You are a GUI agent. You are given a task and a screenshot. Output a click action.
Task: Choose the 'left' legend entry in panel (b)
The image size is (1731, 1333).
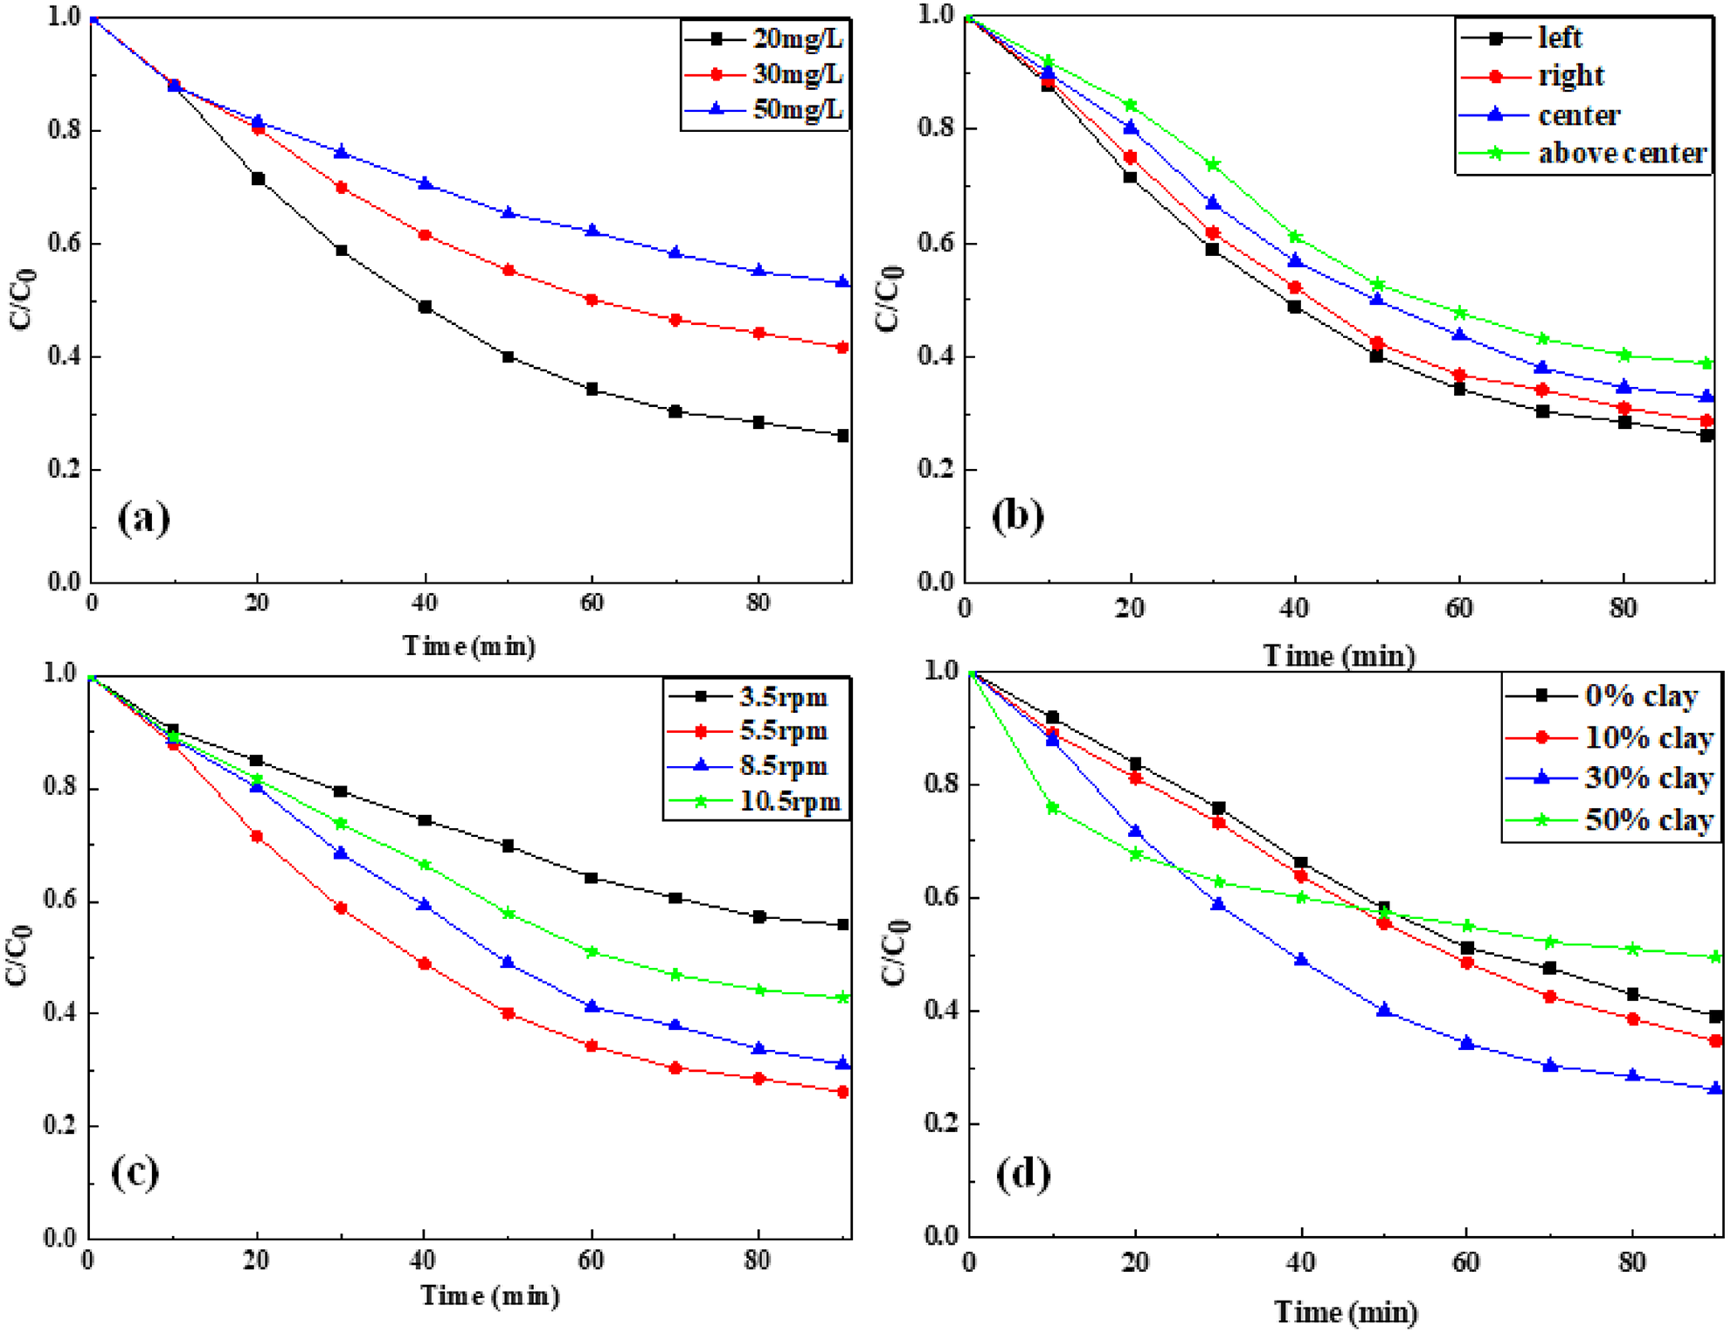[x=1560, y=38]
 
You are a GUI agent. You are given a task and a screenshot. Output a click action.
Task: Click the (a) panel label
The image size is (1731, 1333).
[x=143, y=518]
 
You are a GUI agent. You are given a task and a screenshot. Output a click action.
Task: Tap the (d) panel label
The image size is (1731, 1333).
[x=1023, y=1173]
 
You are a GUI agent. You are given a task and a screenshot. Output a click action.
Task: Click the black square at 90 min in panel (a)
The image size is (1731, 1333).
[x=842, y=435]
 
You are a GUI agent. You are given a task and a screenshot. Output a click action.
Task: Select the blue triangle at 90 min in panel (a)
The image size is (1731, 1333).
[x=842, y=282]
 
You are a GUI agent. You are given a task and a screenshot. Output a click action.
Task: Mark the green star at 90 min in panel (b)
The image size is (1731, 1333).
[x=1707, y=363]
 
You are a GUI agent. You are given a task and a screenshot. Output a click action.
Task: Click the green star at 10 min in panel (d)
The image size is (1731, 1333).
[x=1053, y=808]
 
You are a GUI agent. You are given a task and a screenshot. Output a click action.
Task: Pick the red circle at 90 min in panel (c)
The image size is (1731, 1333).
[x=842, y=1092]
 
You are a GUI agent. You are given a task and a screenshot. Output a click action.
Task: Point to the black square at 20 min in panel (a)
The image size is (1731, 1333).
[x=258, y=179]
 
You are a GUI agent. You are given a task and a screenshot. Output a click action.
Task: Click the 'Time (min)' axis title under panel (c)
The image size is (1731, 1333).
[x=489, y=1295]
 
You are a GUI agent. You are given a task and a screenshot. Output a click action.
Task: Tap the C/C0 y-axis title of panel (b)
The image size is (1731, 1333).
[x=890, y=299]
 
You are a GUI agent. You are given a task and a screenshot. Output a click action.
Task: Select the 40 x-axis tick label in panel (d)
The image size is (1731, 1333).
[x=1301, y=1262]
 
